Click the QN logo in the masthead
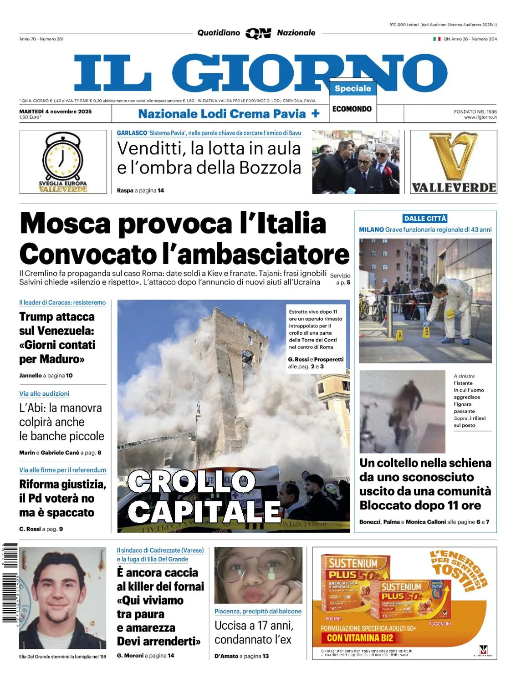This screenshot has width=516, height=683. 258,33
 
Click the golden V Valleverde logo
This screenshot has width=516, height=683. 453,157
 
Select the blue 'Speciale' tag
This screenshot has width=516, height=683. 353,88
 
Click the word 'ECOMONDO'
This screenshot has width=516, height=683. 352,109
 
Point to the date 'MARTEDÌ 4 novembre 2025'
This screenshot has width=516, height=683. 56,111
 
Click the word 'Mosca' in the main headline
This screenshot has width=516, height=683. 65,224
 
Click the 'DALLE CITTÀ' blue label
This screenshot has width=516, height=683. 425,219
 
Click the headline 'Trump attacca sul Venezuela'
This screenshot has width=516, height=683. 57,337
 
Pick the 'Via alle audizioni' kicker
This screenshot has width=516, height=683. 44,394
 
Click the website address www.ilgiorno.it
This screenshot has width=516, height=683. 480,117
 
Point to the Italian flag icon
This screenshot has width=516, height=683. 437,39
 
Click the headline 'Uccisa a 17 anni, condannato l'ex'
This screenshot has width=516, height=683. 253,632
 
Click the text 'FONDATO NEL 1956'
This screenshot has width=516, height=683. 475,112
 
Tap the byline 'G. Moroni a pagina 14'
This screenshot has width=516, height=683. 145,656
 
